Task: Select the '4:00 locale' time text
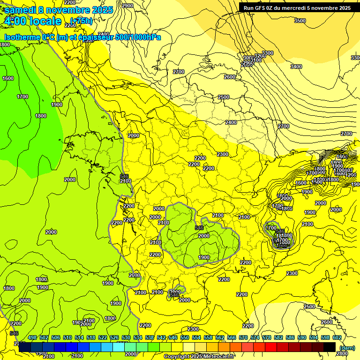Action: pyautogui.click(x=33, y=21)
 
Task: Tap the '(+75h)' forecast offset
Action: pyautogui.click(x=81, y=21)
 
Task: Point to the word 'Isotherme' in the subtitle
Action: pyautogui.click(x=22, y=37)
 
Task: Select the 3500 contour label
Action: pyautogui.click(x=300, y=21)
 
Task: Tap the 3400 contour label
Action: pyautogui.click(x=296, y=67)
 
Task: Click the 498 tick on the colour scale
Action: pyautogui.click(x=32, y=337)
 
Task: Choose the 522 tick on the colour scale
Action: pyautogui.click(x=103, y=337)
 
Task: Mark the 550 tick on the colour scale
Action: pyautogui.click(x=185, y=337)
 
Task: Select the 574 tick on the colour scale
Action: pyautogui.click(x=255, y=337)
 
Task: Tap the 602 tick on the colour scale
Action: pyautogui.click(x=337, y=337)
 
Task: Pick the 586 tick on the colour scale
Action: pyautogui.click(x=290, y=337)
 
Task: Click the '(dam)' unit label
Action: pyautogui.click(x=347, y=347)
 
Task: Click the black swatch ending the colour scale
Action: pyautogui.click(x=330, y=347)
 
